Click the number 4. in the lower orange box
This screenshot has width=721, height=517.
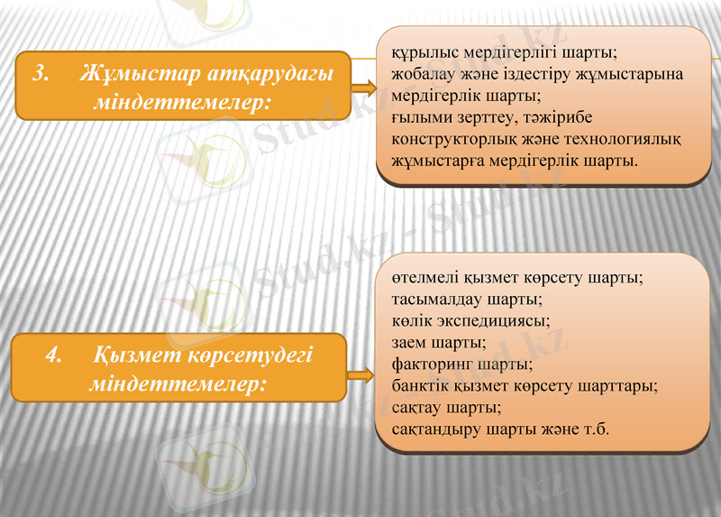tap(54, 355)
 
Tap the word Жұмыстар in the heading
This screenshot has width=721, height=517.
tap(124, 74)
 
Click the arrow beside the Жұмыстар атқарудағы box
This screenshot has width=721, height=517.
tap(362, 88)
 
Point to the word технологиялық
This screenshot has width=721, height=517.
tap(623, 140)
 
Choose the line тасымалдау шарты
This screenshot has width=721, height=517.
tap(468, 298)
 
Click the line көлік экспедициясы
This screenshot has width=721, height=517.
tap(470, 319)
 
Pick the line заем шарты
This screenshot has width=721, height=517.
tap(439, 341)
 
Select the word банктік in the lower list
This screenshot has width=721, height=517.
tap(421, 385)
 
